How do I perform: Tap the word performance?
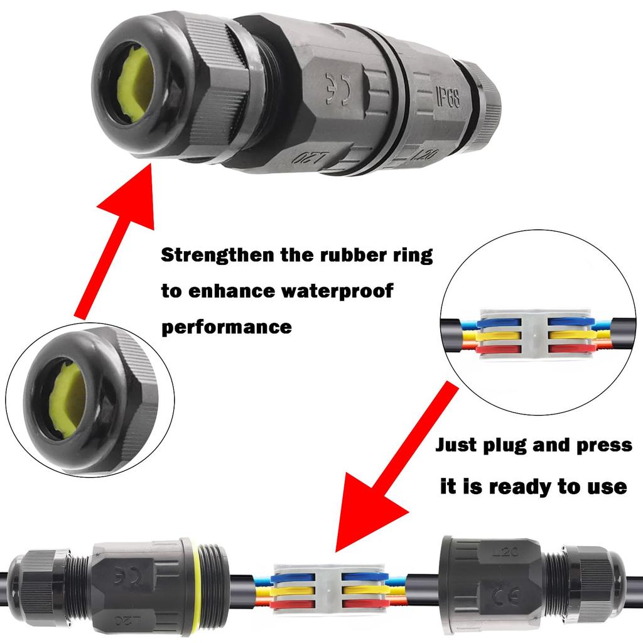pos(227,327)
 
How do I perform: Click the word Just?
pos(457,446)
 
